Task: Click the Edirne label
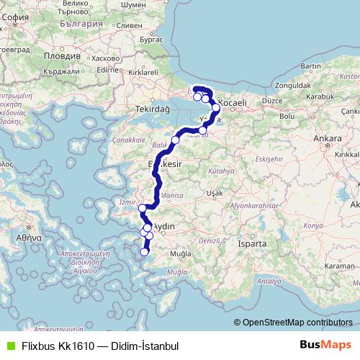[107, 70]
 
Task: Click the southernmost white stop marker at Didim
[145, 251]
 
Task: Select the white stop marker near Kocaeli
[216, 108]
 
